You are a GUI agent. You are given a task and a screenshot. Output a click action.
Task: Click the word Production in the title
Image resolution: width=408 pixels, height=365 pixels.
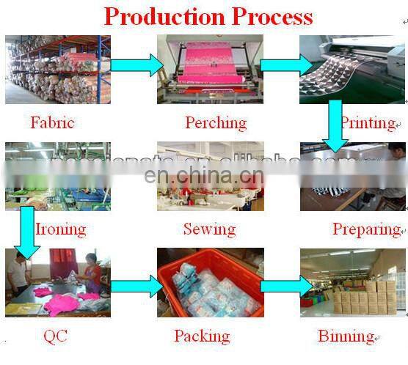pyautogui.click(x=164, y=15)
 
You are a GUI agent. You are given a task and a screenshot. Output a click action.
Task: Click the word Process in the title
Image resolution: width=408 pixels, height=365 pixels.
pyautogui.click(x=272, y=15)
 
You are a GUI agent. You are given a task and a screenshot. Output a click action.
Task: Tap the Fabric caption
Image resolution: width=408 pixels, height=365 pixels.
pyautogui.click(x=52, y=122)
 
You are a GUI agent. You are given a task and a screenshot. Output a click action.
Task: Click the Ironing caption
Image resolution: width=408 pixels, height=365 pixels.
pyautogui.click(x=61, y=229)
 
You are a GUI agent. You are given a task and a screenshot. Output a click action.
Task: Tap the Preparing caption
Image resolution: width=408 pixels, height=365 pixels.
pyautogui.click(x=365, y=229)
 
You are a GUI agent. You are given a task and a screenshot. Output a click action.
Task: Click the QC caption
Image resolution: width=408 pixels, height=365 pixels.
pyautogui.click(x=56, y=336)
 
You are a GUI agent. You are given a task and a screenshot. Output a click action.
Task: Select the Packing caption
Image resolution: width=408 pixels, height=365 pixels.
pyautogui.click(x=201, y=336)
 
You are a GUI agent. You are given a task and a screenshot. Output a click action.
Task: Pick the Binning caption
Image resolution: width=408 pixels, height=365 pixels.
pyautogui.click(x=346, y=336)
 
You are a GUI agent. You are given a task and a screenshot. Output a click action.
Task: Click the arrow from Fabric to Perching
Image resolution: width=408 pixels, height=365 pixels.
pyautogui.click(x=136, y=65)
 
